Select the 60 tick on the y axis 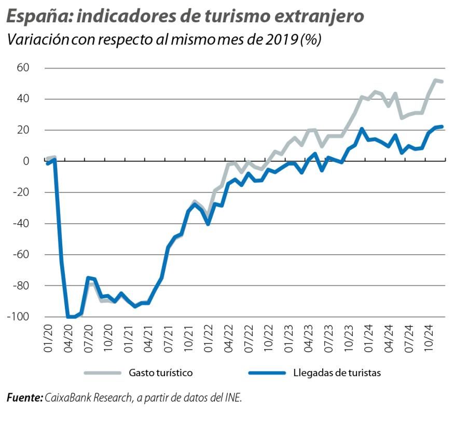click(22, 68)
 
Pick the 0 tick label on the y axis click(26, 161)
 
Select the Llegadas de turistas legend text click(337, 373)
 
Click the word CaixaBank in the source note click(66, 398)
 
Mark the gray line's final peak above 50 click(435, 80)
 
